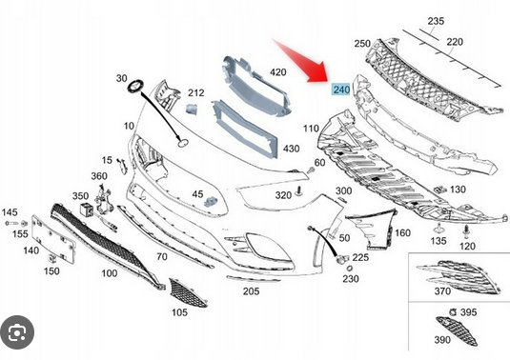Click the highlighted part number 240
tap(341, 90)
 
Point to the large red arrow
tap(301, 61)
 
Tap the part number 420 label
tap(278, 71)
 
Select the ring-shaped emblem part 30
tap(134, 87)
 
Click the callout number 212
tap(196, 93)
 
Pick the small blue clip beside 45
tap(210, 202)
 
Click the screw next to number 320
tap(298, 191)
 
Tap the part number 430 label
tap(291, 149)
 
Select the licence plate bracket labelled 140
tap(53, 239)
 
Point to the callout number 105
tap(179, 312)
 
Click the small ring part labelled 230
tap(349, 269)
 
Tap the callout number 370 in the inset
tap(442, 291)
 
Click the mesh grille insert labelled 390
tap(457, 330)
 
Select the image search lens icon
tap(17, 332)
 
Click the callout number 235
tap(436, 21)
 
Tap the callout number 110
tap(311, 129)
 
